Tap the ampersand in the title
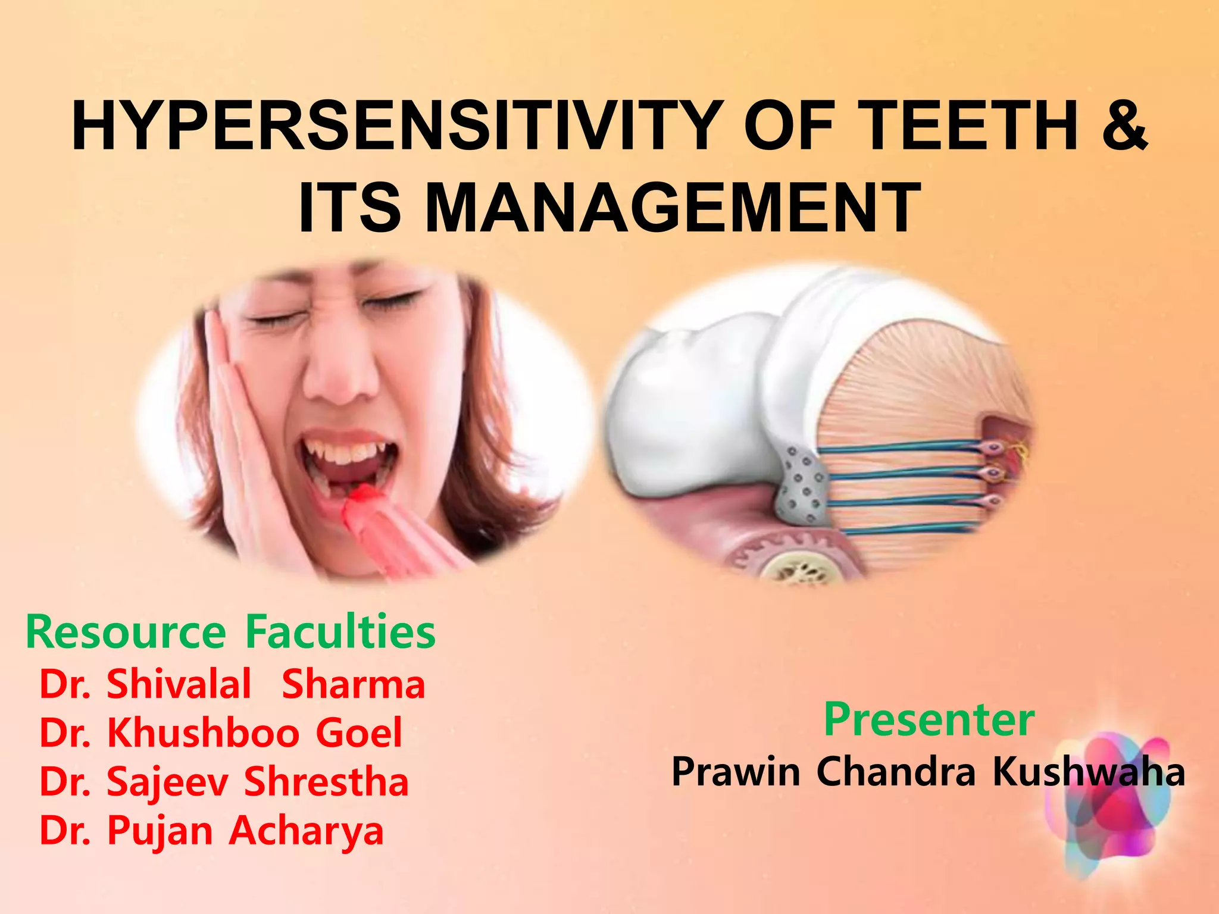tap(1124, 126)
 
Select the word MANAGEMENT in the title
tap(673, 208)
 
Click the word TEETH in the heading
tap(967, 126)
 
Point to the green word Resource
tap(126, 632)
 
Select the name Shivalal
tap(179, 684)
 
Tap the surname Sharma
tap(354, 685)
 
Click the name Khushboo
tap(203, 733)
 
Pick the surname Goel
tap(359, 733)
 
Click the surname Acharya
tap(307, 831)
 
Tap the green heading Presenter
tap(929, 720)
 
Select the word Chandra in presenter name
tap(896, 772)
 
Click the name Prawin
tap(736, 772)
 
